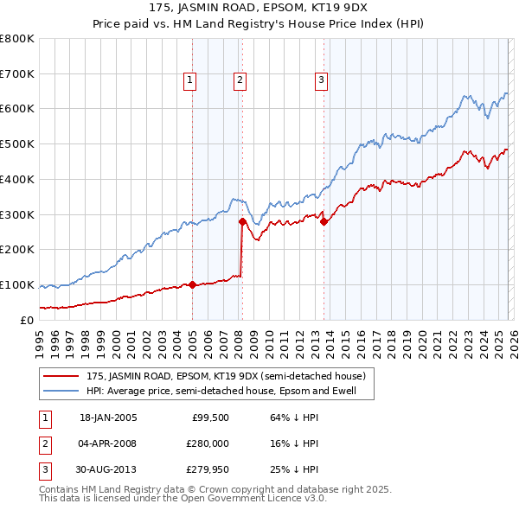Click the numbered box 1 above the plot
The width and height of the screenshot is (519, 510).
pos(189,81)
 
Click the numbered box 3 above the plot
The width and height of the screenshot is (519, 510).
pos(321,81)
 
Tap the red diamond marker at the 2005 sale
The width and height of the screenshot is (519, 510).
pos(192,284)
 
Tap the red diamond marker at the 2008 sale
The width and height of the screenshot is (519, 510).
pos(242,221)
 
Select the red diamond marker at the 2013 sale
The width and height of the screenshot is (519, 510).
pos(324,221)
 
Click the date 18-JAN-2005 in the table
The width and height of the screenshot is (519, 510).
pos(108,418)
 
